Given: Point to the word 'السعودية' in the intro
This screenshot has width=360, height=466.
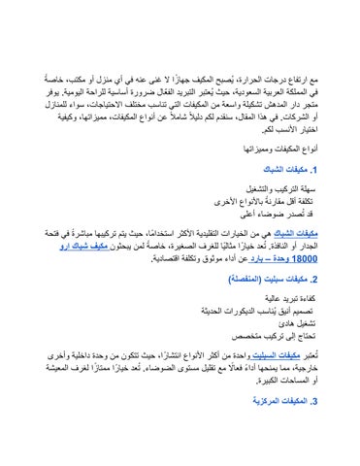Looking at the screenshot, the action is (x=244, y=86).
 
